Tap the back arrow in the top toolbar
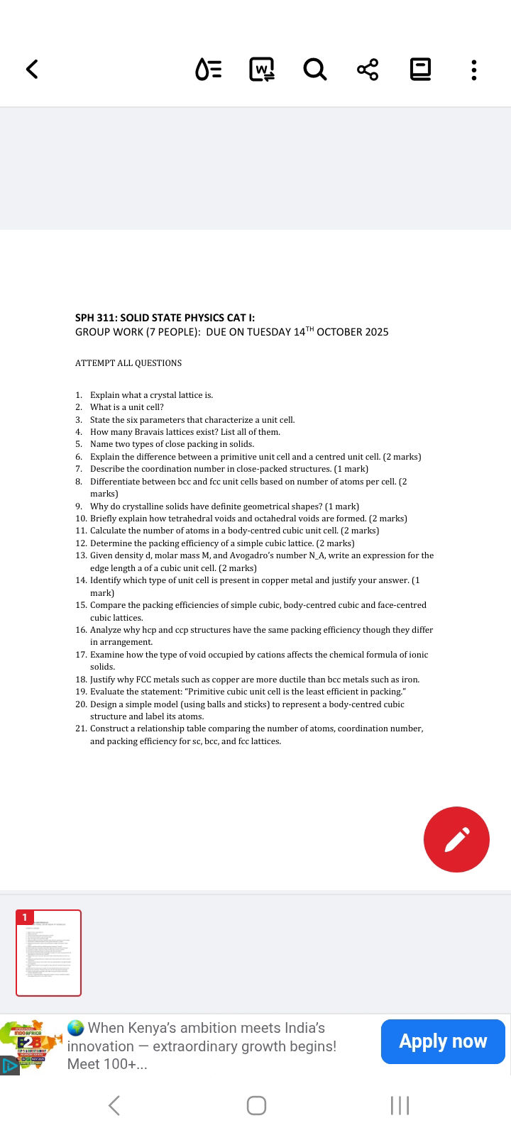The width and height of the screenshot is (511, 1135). pos(32,69)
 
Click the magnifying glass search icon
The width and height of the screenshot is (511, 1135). pos(314,70)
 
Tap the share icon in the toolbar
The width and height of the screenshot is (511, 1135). pos(368,70)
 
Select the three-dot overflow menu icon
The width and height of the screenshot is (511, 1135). pos(474,70)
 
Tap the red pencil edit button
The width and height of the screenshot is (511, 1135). pos(456,839)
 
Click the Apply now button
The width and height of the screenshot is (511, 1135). pos(443,1041)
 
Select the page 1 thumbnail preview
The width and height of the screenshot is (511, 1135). pos(49,953)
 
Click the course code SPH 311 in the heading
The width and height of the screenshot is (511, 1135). pos(96,318)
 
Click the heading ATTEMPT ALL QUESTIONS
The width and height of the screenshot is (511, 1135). pos(128,363)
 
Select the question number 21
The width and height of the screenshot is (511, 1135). pos(81,729)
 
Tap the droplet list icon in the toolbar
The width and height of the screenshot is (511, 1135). pos(208,70)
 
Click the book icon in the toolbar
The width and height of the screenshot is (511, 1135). pos(421,70)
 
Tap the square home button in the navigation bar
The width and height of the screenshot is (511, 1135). pos(256,1105)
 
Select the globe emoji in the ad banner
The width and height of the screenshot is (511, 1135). pos(75,1028)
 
